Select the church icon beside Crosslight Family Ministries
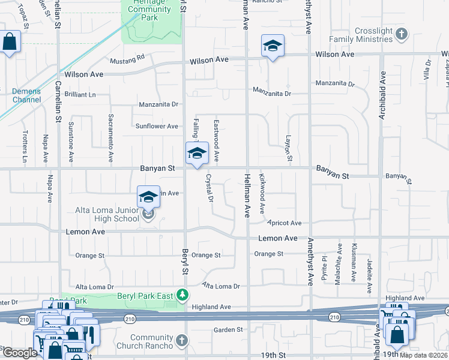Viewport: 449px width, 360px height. point(402,37)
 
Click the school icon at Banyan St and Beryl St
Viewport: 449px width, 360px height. point(196,154)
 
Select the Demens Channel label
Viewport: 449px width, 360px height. point(26,95)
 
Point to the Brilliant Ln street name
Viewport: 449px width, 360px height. point(81,95)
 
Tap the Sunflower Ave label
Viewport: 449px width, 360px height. point(157,126)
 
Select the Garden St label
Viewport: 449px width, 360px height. point(228,329)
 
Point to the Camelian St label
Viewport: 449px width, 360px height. point(59,103)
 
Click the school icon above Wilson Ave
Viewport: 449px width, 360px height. point(272,46)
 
